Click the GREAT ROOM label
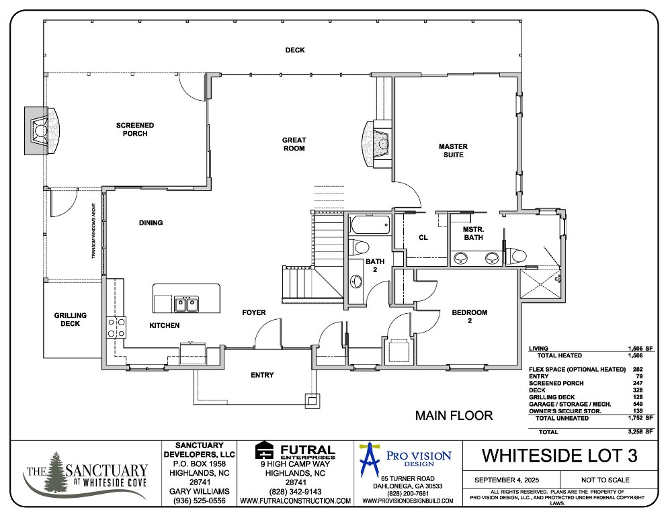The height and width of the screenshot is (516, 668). pyautogui.click(x=294, y=144)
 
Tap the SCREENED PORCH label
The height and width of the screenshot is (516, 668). pyautogui.click(x=135, y=130)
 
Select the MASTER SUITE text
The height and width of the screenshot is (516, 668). pyautogui.click(x=452, y=150)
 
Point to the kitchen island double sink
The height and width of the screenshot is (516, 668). pyautogui.click(x=187, y=304)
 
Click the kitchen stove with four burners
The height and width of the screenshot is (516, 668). pyautogui.click(x=116, y=327)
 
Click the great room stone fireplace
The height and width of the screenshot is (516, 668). pyautogui.click(x=376, y=142)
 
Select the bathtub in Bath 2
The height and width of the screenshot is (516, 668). pyautogui.click(x=369, y=224)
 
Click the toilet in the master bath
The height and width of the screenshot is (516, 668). pyautogui.click(x=518, y=255)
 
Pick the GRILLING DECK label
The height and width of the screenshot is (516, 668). pyautogui.click(x=71, y=319)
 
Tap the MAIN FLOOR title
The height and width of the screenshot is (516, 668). pyautogui.click(x=454, y=416)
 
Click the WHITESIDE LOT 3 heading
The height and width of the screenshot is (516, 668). pyautogui.click(x=559, y=456)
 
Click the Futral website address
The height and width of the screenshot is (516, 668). pyautogui.click(x=295, y=501)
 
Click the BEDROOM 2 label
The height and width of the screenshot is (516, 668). pyautogui.click(x=469, y=316)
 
